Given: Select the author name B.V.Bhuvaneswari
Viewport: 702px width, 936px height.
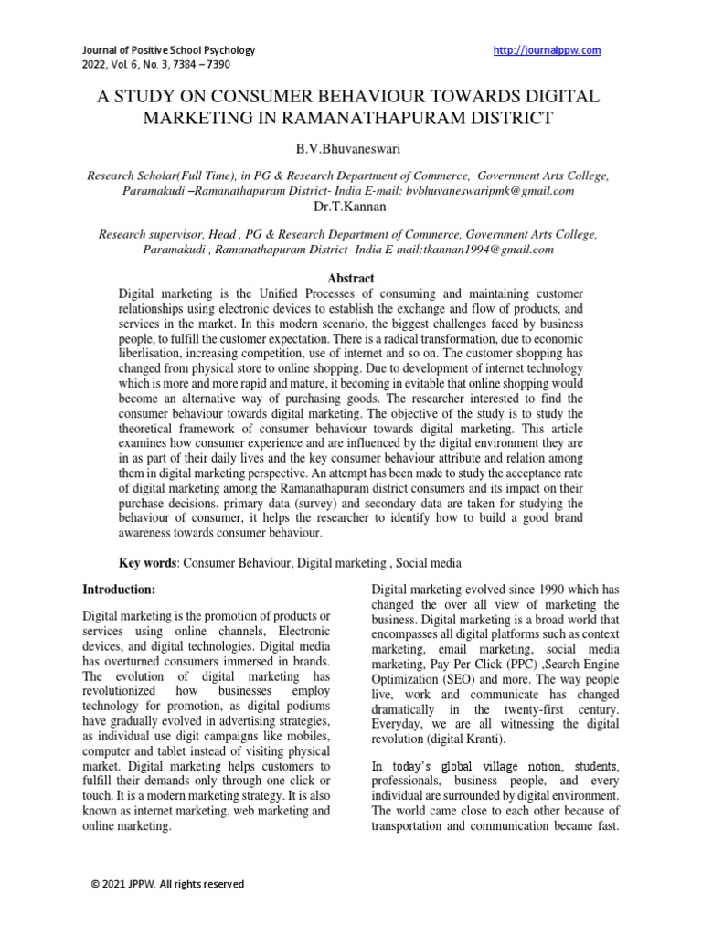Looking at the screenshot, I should tap(350, 147).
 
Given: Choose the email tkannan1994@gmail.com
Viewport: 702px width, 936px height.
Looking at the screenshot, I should tap(495, 250).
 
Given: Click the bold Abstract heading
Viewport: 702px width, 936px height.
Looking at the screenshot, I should tap(350, 278).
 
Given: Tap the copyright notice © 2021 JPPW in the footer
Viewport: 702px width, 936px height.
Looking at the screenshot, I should tap(166, 884).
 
